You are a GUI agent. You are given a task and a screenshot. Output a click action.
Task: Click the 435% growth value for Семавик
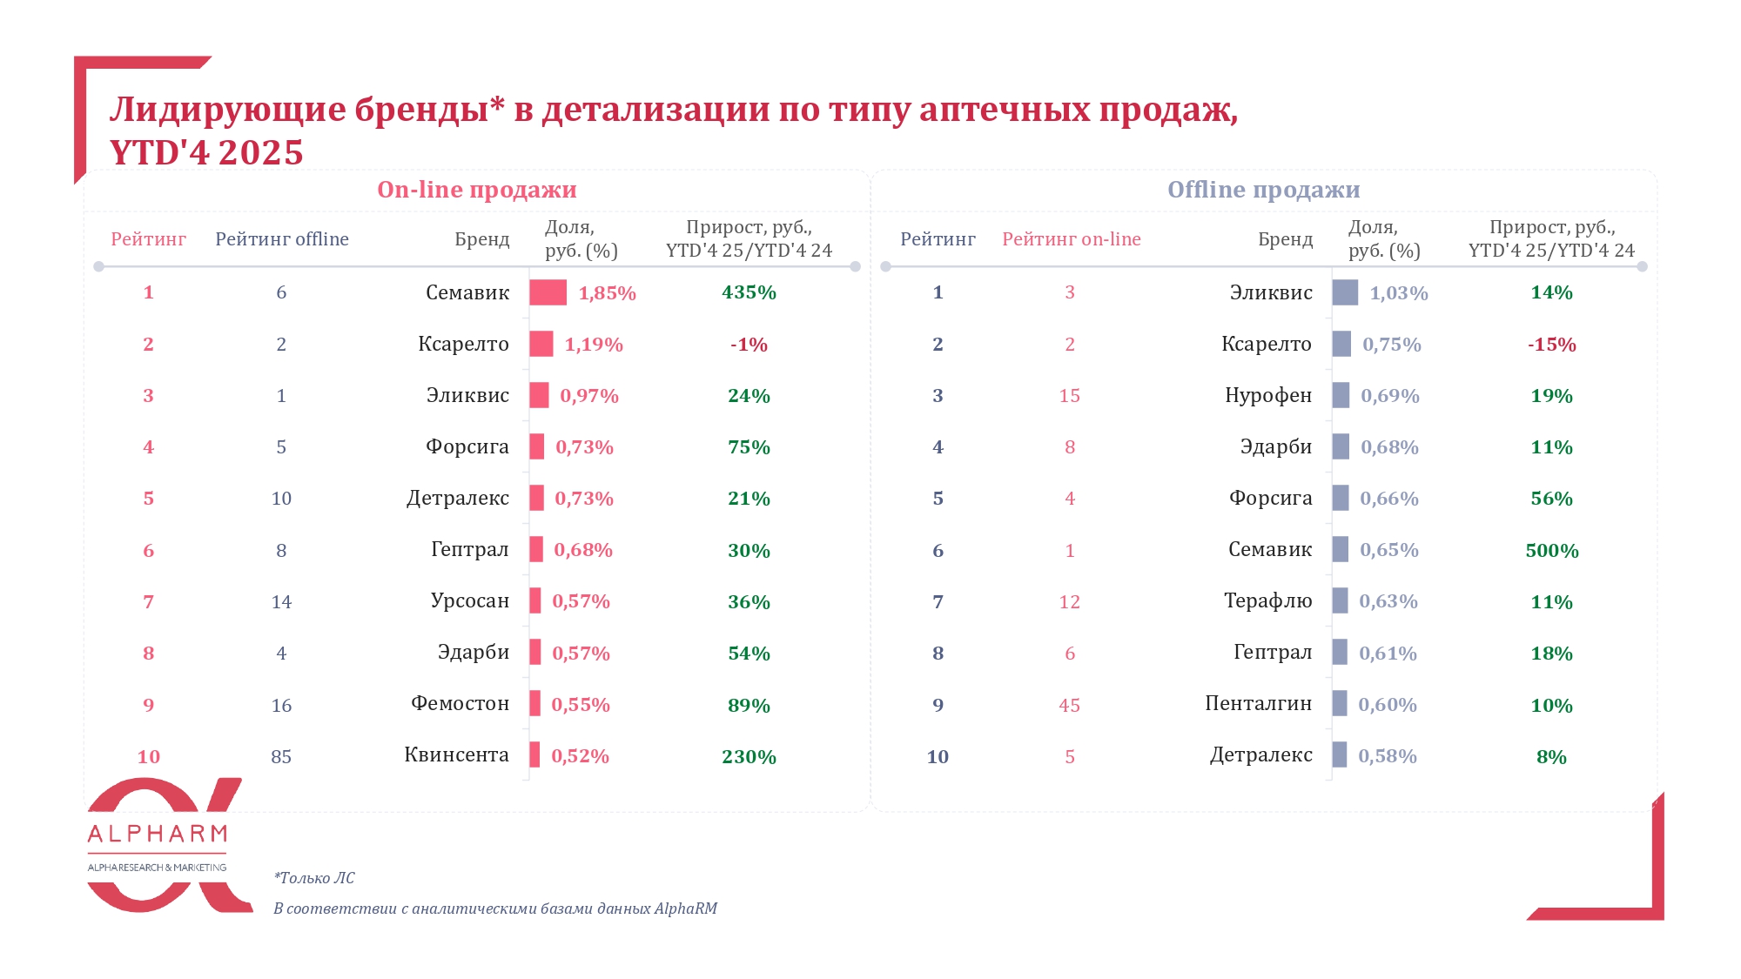coord(749,292)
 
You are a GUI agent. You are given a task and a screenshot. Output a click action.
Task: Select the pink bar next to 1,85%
coord(548,292)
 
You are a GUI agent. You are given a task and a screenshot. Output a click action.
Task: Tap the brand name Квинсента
coord(456,755)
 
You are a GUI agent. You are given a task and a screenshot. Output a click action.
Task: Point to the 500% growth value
coord(1551,550)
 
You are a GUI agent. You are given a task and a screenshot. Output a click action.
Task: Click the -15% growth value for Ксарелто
coord(1551,345)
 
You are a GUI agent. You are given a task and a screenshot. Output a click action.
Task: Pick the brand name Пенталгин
coord(1258,704)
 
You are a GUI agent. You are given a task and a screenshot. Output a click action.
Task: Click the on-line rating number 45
coord(1069,705)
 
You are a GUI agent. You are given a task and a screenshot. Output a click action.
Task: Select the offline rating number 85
coord(281,756)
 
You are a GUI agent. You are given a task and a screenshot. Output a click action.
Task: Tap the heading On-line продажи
coord(476,190)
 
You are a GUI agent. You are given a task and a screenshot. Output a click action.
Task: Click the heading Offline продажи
coord(1263,190)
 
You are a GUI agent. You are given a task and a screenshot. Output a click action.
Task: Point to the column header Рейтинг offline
coord(282,239)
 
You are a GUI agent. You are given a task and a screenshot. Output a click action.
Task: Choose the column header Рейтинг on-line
coord(1071,239)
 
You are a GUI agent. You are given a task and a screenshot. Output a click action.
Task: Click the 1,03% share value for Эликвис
coord(1399,293)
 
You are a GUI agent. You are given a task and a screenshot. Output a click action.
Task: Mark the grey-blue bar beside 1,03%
coord(1345,292)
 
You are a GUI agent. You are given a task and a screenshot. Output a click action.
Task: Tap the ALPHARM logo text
coord(158,835)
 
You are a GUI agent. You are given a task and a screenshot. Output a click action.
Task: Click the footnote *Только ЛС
coord(314,878)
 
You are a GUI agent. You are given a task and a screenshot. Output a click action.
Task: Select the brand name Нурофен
coord(1267,396)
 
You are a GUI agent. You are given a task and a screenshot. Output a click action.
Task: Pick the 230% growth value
coord(749,756)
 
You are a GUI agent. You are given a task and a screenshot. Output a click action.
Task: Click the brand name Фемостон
coord(460,704)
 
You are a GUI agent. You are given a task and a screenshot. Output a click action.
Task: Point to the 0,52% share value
coord(580,756)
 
